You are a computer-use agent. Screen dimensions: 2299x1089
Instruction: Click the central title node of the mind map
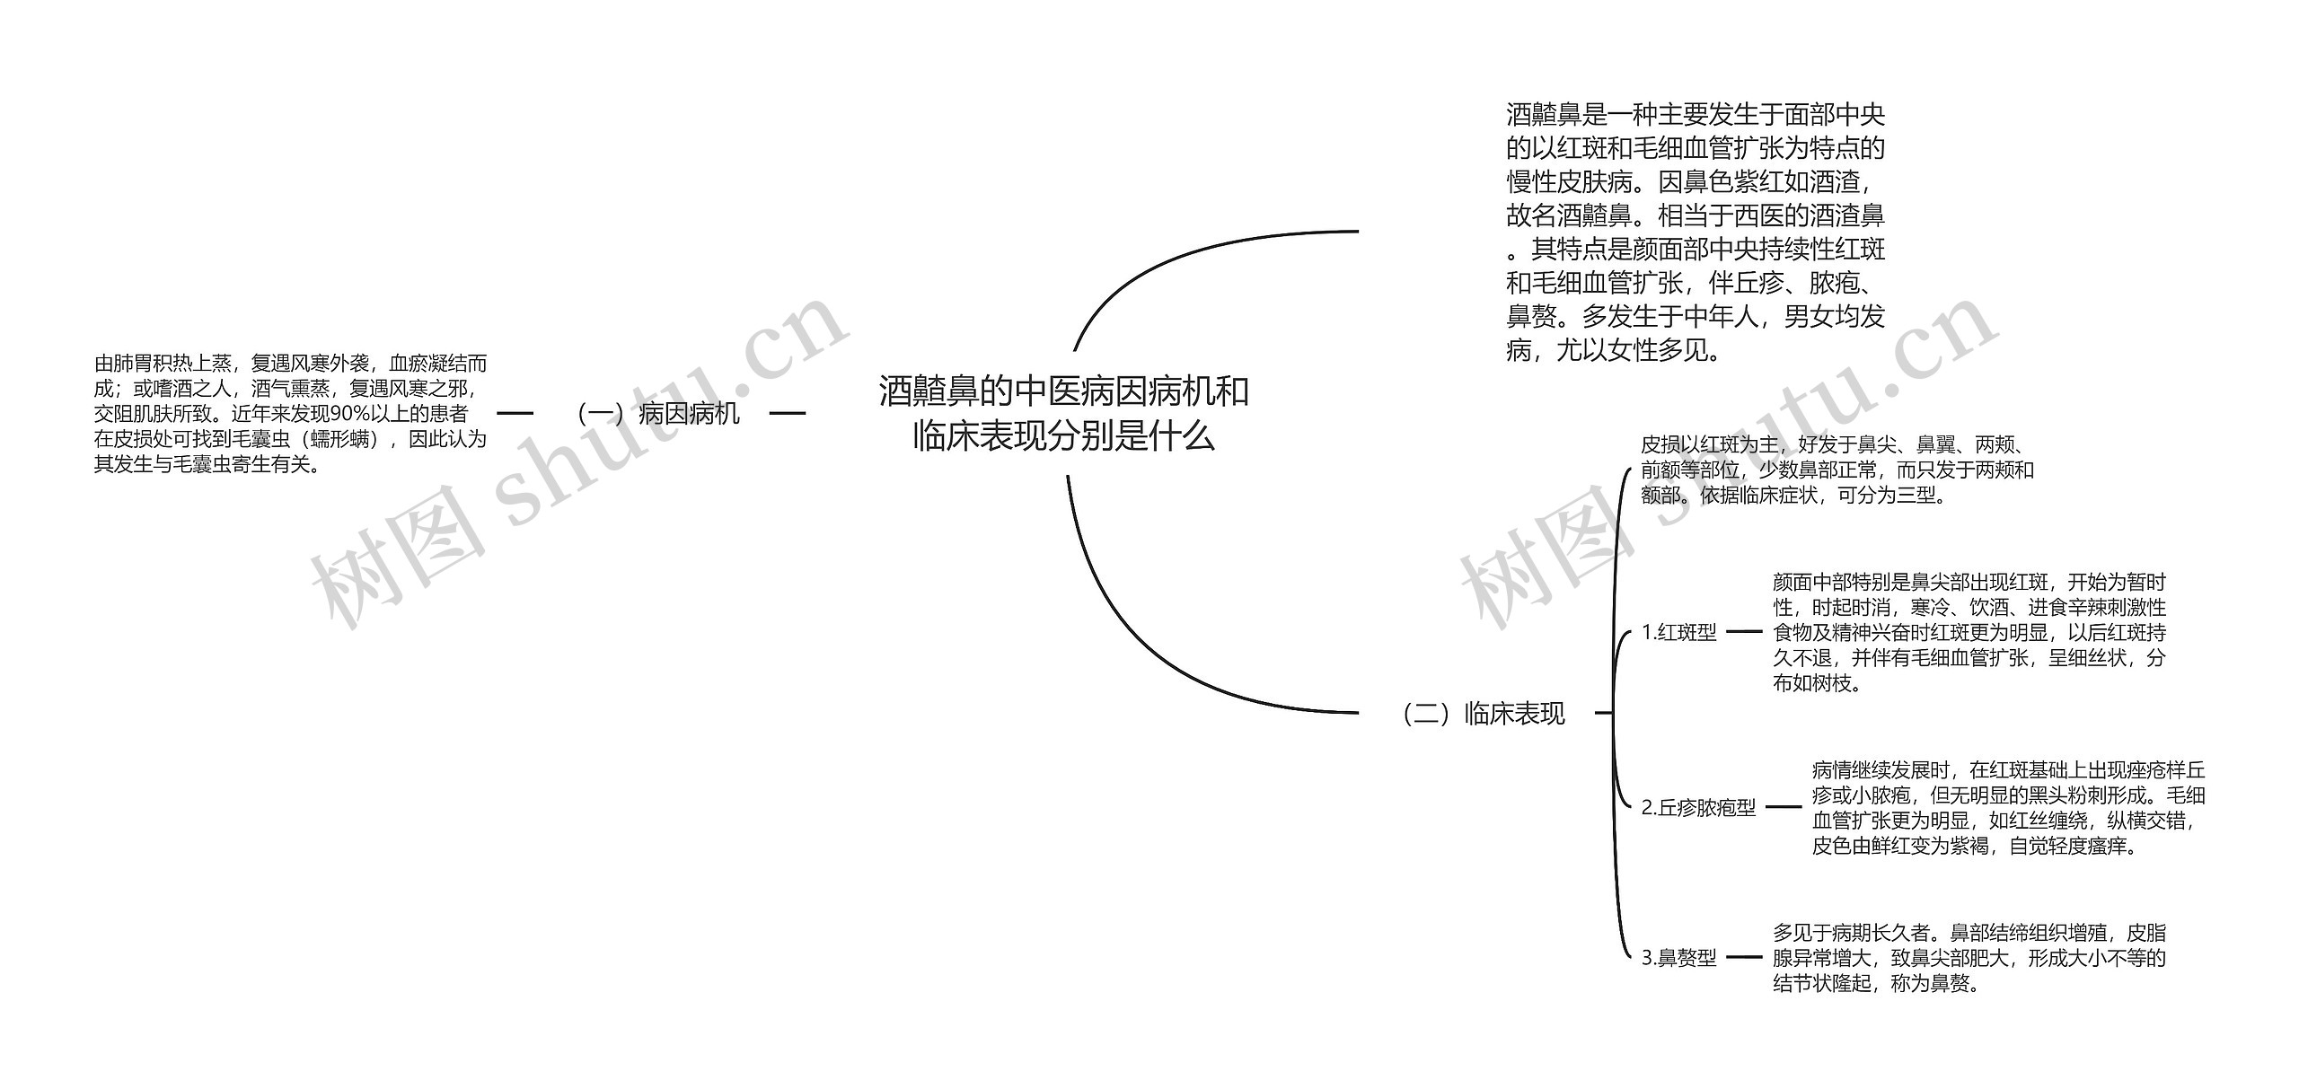(x=1063, y=414)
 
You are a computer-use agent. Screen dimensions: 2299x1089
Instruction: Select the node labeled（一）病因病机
(x=658, y=414)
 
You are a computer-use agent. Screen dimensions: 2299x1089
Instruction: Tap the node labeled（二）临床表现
(x=1484, y=714)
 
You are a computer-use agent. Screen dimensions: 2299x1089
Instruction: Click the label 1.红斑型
(x=1678, y=633)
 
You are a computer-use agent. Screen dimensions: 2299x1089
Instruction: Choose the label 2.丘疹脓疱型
(x=1698, y=808)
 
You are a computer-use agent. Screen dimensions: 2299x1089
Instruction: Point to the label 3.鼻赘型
(x=1678, y=958)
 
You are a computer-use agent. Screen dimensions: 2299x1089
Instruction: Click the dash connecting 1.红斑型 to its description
(x=1745, y=632)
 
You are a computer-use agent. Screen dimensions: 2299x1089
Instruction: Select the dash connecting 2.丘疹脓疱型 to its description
(x=1784, y=807)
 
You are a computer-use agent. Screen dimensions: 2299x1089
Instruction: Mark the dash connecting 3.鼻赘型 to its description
(x=1745, y=957)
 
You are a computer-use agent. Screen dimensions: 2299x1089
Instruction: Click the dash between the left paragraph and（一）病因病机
(x=515, y=414)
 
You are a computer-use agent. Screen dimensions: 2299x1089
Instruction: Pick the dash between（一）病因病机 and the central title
(x=788, y=414)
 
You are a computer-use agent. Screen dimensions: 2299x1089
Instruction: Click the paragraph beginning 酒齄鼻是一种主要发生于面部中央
(x=1696, y=233)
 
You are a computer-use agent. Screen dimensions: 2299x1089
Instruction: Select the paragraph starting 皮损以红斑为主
(x=1837, y=470)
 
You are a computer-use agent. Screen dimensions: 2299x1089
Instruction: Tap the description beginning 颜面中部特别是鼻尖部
(x=1969, y=632)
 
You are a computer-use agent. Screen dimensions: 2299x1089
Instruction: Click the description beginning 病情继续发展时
(x=2008, y=807)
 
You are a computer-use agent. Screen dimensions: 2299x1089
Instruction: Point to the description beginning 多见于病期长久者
(x=1969, y=958)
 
